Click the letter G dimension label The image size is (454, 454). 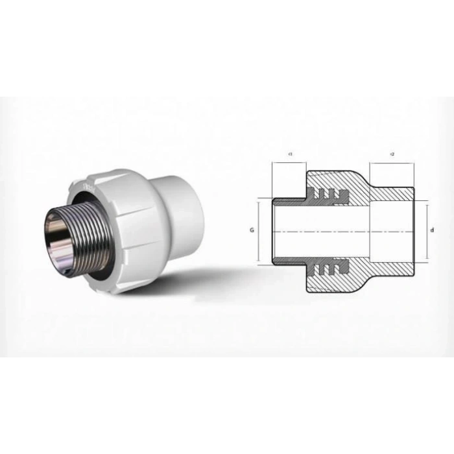pyautogui.click(x=252, y=230)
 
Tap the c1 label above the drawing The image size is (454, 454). pyautogui.click(x=289, y=154)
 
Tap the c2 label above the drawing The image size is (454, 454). pyautogui.click(x=392, y=154)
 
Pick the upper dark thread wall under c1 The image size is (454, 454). pyautogui.click(x=289, y=199)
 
